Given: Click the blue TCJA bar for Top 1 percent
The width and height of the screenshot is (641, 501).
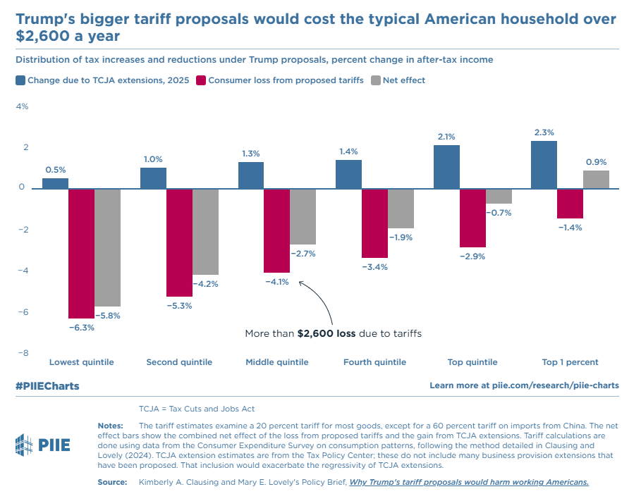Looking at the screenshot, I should click(x=544, y=165).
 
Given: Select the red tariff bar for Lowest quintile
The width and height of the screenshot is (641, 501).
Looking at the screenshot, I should click(x=82, y=253).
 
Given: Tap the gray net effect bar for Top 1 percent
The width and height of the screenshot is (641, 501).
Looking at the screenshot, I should click(x=596, y=179).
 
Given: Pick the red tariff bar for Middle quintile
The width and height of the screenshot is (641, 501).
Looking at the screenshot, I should click(x=276, y=230).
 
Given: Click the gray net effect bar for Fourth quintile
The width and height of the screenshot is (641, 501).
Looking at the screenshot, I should click(x=401, y=208).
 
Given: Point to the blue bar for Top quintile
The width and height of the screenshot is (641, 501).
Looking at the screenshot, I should click(x=446, y=167).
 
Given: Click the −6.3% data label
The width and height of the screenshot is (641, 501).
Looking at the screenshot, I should click(x=82, y=328).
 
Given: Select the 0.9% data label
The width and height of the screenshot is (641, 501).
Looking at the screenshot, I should click(x=596, y=161).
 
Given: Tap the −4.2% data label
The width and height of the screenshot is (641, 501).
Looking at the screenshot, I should click(x=205, y=284).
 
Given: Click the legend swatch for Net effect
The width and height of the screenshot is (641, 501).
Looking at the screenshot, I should click(x=376, y=80).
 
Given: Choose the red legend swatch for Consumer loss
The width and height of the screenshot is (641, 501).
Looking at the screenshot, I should click(x=201, y=80).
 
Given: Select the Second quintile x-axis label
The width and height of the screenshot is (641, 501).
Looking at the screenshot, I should click(x=179, y=362).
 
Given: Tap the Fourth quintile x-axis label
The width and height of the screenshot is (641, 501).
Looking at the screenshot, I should click(x=374, y=362).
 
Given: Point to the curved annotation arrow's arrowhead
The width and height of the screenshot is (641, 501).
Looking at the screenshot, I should click(x=301, y=283).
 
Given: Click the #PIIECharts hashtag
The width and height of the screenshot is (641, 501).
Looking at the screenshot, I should click(x=47, y=386).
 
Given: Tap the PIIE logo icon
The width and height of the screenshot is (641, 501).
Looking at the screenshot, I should click(x=25, y=444).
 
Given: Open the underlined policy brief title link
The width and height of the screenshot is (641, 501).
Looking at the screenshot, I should click(x=469, y=482).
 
